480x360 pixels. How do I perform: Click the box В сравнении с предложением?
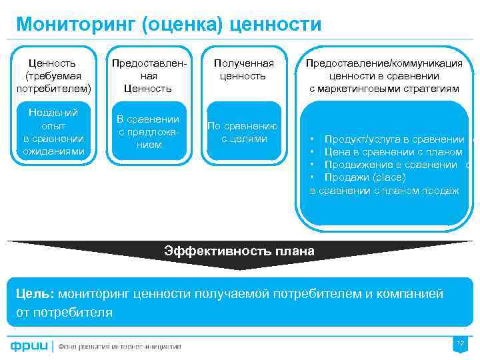(x=148, y=131)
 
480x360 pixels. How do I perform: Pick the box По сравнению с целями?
(x=243, y=132)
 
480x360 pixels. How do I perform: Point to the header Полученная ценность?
(x=243, y=69)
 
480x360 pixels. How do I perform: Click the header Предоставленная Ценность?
(x=148, y=75)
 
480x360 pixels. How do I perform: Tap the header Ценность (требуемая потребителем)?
(x=53, y=75)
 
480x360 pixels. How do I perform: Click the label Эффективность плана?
(x=239, y=251)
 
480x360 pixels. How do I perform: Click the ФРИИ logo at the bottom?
(x=28, y=345)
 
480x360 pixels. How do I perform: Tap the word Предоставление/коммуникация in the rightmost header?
(x=384, y=63)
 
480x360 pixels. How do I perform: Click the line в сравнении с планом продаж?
(x=385, y=191)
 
